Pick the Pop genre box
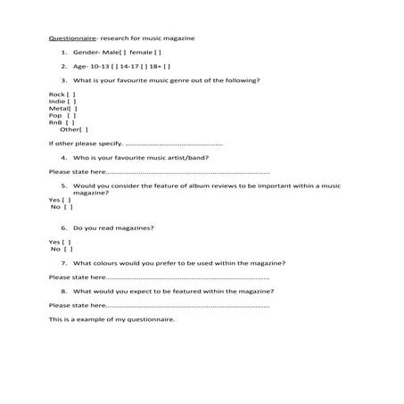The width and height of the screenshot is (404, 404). coord(71,115)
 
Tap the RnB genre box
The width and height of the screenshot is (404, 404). coord(71,122)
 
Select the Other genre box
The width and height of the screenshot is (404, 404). coord(85,129)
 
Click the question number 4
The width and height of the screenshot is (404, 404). coord(63,157)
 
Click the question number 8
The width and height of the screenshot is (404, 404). coord(63,292)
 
